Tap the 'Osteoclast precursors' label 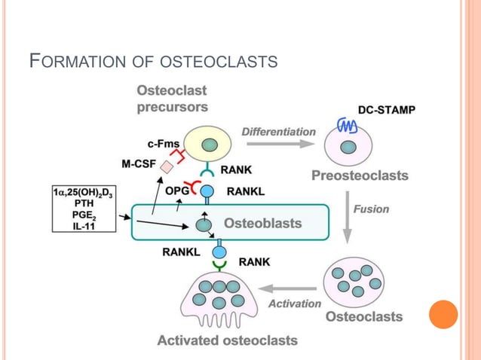(172, 99)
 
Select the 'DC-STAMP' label (384, 109)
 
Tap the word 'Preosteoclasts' (360, 175)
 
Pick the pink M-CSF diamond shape (167, 168)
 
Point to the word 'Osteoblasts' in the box (262, 223)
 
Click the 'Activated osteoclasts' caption (227, 340)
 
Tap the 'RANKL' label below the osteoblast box (181, 252)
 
